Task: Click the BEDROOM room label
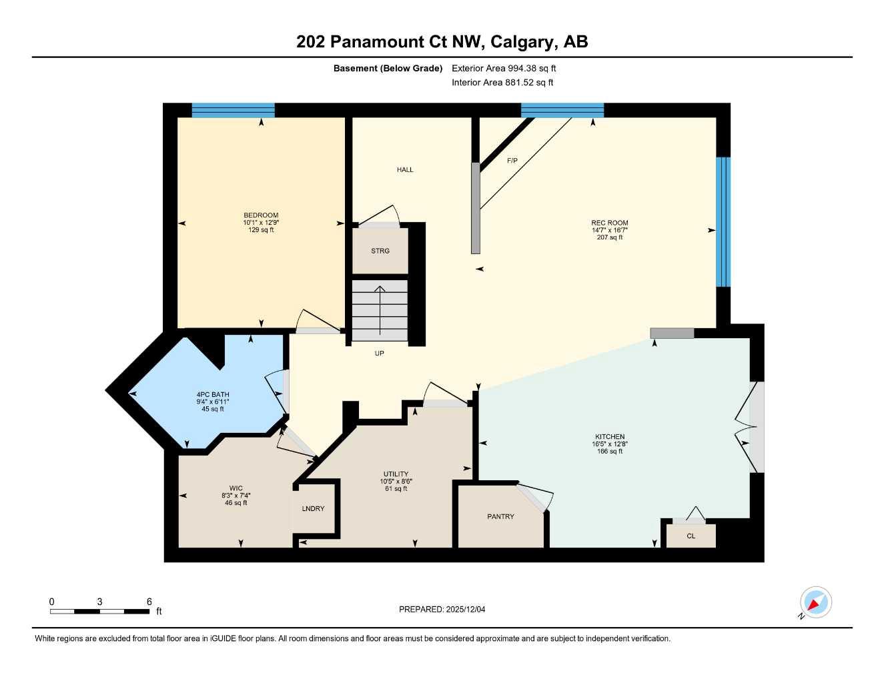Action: tap(261, 215)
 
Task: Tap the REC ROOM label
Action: tap(609, 223)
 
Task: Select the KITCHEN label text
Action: tap(609, 437)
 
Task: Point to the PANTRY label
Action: tap(500, 517)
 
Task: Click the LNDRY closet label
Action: tap(313, 509)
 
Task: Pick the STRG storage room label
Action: tap(380, 251)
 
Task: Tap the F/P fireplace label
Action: tap(512, 161)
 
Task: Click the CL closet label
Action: tap(691, 536)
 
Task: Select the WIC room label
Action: tap(236, 488)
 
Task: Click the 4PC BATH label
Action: tap(213, 395)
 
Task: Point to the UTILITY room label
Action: tap(396, 474)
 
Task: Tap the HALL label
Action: tap(405, 169)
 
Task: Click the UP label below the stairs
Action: tap(379, 354)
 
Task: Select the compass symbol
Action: tap(815, 602)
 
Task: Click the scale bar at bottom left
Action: tap(99, 611)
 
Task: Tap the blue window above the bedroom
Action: tap(233, 110)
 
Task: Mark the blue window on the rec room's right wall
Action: tap(723, 222)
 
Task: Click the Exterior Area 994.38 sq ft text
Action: tap(504, 68)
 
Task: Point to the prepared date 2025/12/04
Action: tap(442, 609)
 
